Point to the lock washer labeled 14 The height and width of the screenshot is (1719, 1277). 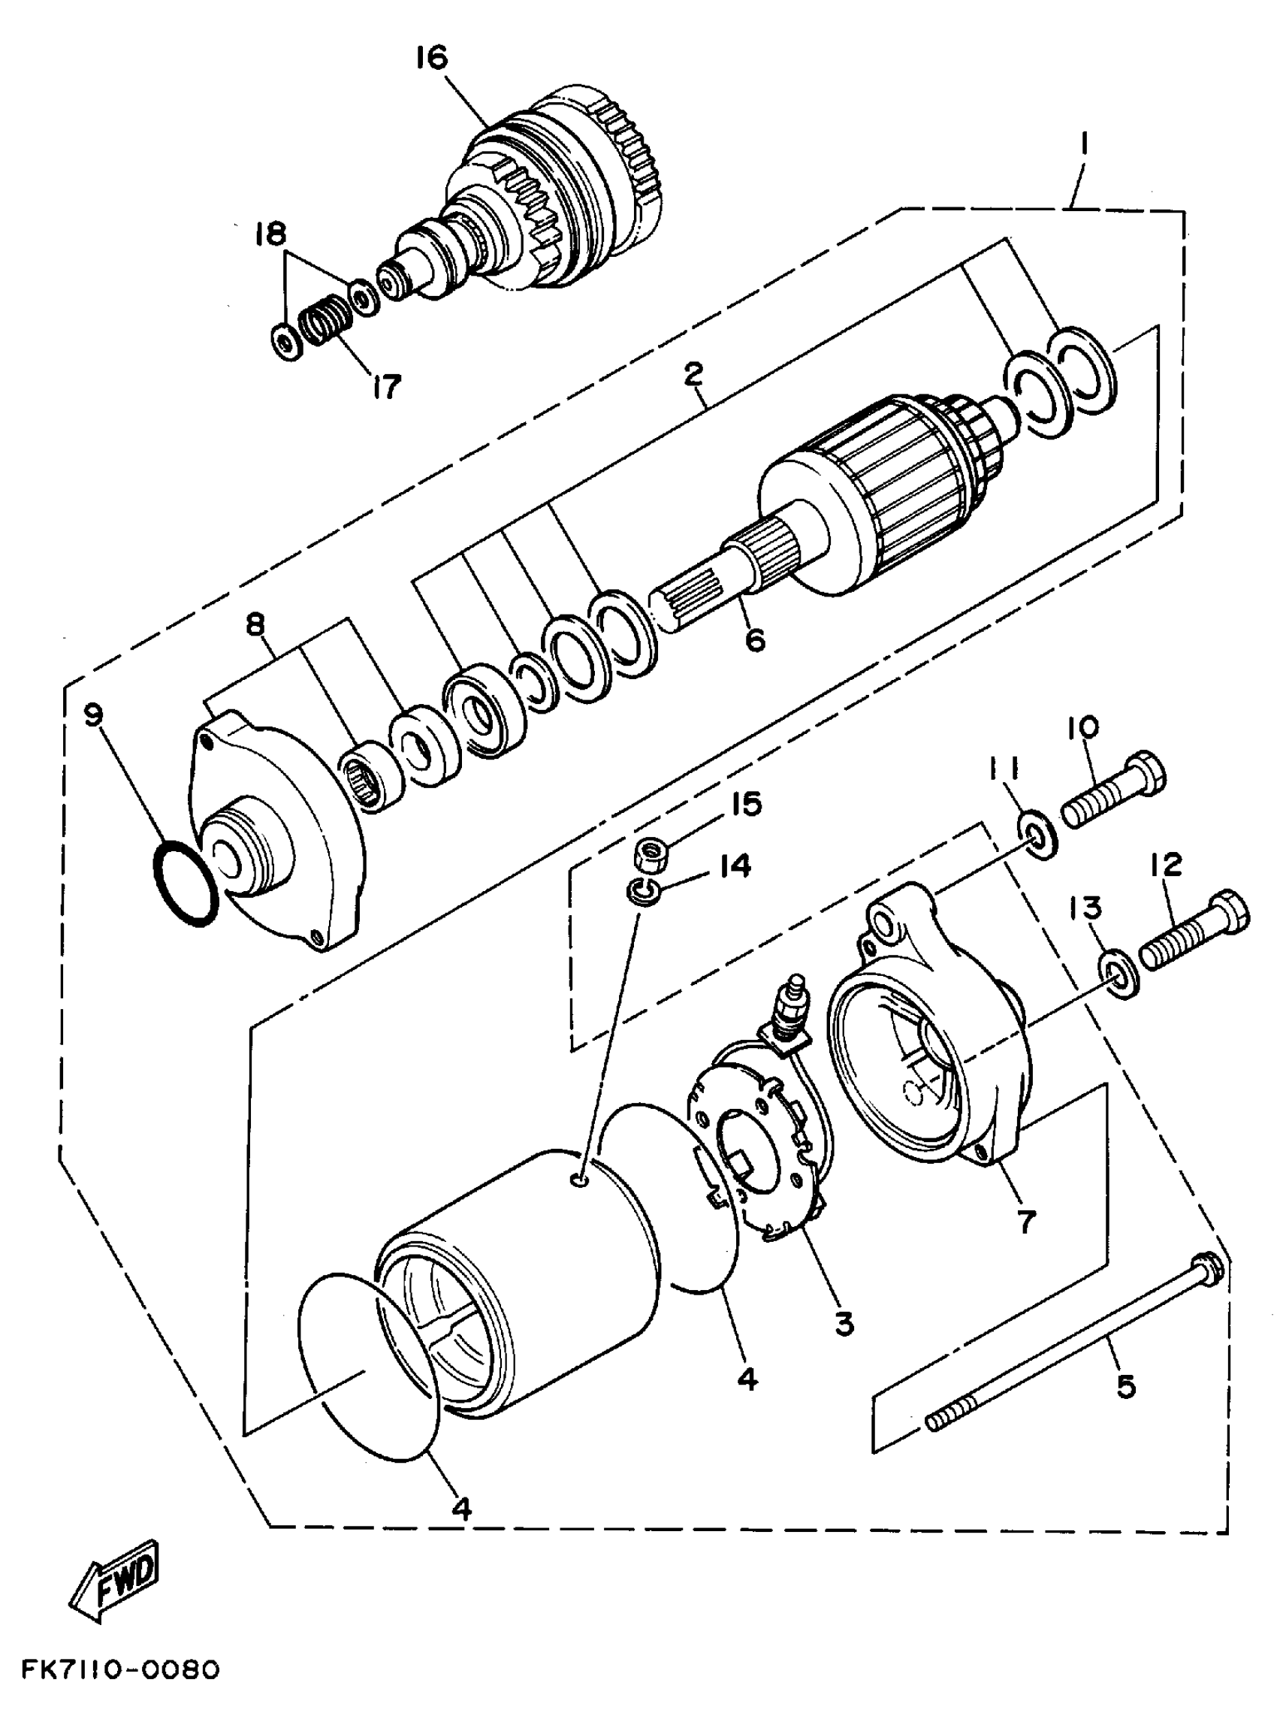point(642,890)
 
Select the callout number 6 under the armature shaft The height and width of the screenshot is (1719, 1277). point(754,639)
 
